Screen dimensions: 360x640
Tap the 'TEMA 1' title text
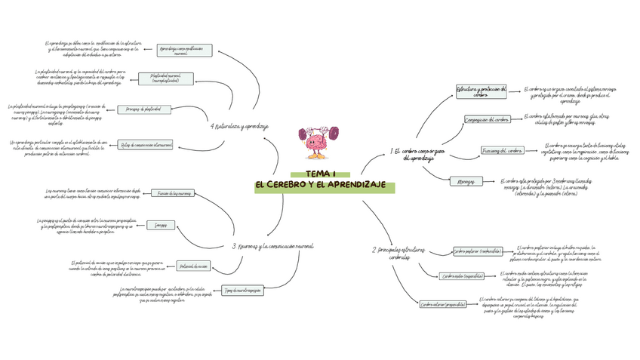(321, 174)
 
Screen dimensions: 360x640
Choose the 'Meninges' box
(466, 181)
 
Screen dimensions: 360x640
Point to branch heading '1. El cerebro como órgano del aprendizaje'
(413, 155)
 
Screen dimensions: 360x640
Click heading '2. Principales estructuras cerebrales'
(399, 254)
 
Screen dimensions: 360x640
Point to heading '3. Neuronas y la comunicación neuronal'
(272, 246)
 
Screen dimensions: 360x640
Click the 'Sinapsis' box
(162, 225)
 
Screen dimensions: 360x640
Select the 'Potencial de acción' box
(193, 266)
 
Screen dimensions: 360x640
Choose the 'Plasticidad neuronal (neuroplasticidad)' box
(165, 78)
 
